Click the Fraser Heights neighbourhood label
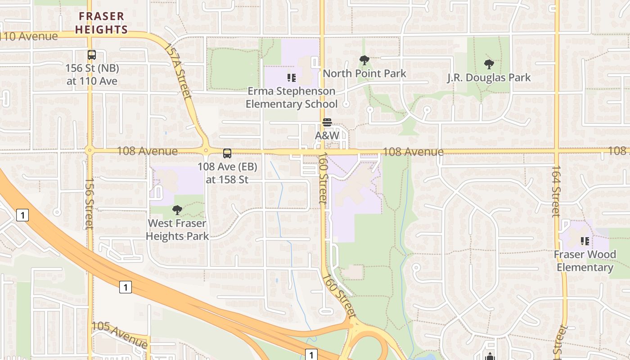coord(101,23)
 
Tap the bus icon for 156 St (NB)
coord(92,55)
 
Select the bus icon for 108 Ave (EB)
coord(227,153)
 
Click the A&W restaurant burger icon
coord(327,122)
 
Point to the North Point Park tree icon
coord(364,60)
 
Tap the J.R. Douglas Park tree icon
coord(489,64)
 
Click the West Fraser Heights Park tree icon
coord(177,210)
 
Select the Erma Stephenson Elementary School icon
coord(292,78)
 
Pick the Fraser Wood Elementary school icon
coord(585,241)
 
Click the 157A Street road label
coord(178,71)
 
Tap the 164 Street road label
coord(556,191)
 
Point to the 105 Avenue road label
coord(120,334)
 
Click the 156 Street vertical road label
coord(89,203)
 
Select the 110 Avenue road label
coord(30,36)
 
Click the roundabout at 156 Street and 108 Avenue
coord(90,150)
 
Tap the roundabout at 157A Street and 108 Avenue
coord(206,151)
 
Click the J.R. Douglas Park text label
coord(489,77)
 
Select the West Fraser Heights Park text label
coord(177,229)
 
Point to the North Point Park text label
coord(364,73)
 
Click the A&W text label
coord(327,135)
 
